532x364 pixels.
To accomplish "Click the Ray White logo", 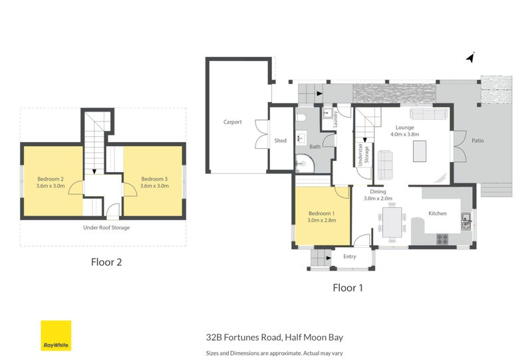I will pos(56,335).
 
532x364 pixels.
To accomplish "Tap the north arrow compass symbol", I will pos(470,58).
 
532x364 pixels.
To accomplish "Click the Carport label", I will pos(232,122).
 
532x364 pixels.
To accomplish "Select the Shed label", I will pos(280,141).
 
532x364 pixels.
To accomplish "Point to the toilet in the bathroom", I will pos(301,119).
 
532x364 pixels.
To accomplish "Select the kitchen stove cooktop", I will pos(442,238).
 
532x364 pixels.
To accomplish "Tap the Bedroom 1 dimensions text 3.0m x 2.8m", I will pos(322,220).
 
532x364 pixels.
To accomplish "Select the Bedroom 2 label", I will pos(51,179).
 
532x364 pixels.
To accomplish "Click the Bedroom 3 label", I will pos(154,179).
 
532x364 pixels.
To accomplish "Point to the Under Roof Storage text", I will pos(106,228).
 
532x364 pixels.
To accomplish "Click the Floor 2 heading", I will pos(106,262).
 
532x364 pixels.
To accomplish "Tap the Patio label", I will pos(477,141).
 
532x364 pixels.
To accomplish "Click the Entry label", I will pos(350,256).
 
